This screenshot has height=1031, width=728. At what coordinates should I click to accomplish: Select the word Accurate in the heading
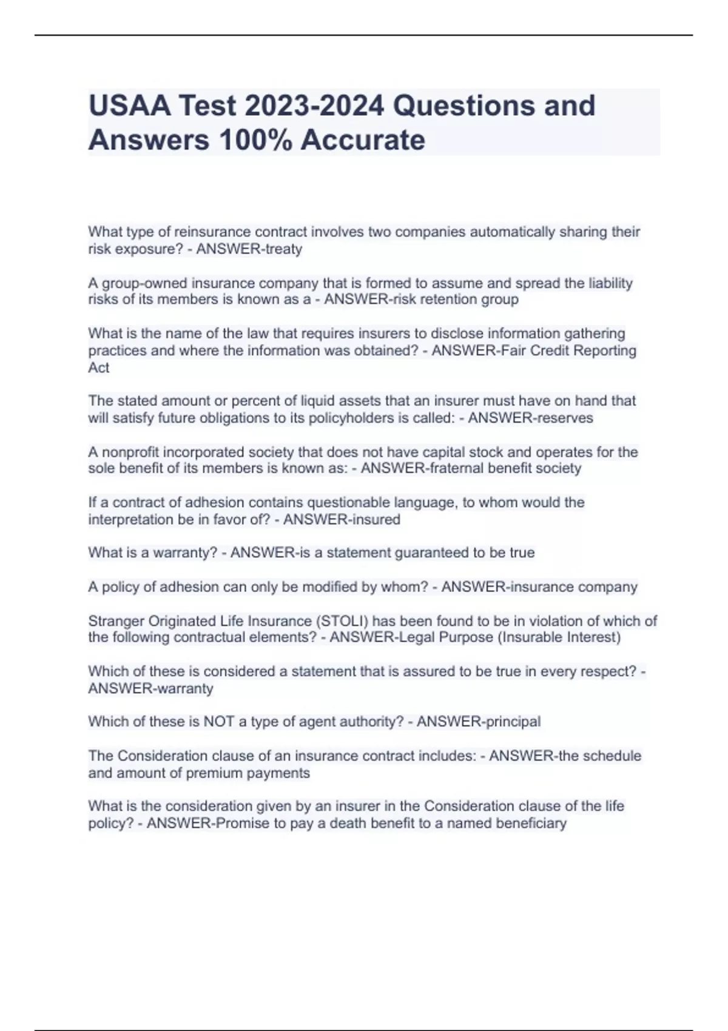pyautogui.click(x=363, y=140)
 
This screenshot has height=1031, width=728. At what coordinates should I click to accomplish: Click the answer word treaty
pyautogui.click(x=284, y=249)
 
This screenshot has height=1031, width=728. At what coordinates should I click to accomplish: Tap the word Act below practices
pyautogui.click(x=99, y=368)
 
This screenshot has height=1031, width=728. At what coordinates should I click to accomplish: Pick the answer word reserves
pyautogui.click(x=562, y=418)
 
